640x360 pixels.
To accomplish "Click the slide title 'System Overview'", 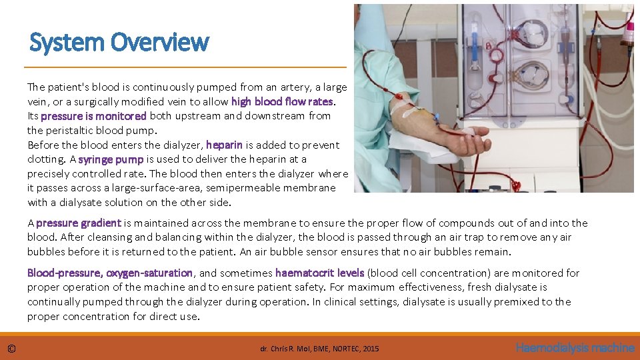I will tap(119, 42).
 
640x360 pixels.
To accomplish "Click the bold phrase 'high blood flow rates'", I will tap(283, 101).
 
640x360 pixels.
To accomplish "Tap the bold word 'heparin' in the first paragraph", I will tap(224, 145).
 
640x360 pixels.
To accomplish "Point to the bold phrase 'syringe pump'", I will tap(111, 159).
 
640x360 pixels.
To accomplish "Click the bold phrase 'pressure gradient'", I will tap(79, 223).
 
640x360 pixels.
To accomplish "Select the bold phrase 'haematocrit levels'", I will tap(319, 273).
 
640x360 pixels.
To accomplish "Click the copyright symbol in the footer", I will tap(11, 348).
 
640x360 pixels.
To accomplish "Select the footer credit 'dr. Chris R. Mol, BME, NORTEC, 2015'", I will tap(319, 349).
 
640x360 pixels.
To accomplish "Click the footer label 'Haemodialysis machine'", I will tap(575, 347).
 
